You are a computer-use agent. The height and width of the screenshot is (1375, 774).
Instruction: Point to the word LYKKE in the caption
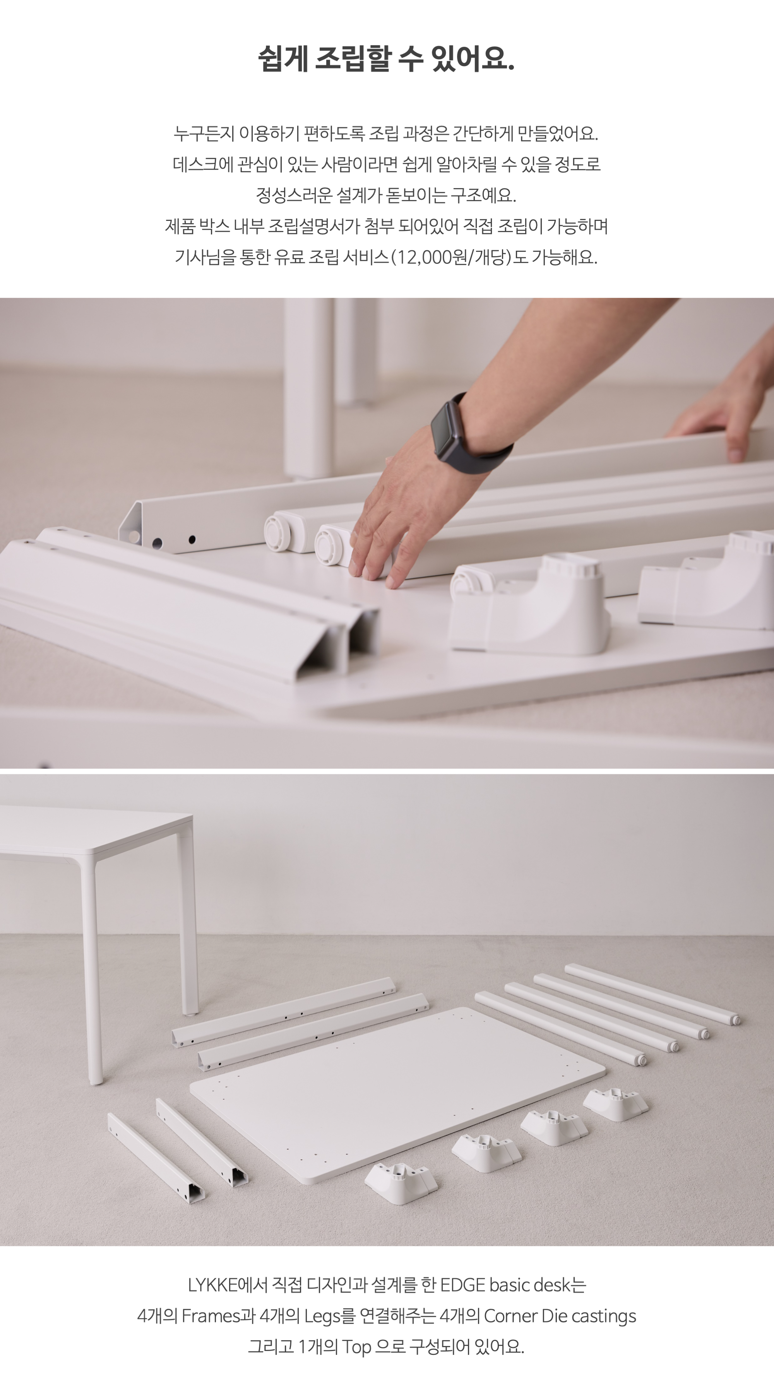[212, 1285]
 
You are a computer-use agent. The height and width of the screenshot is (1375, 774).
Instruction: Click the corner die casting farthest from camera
[615, 1104]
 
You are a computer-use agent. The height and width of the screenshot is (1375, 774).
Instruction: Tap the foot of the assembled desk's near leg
[96, 1081]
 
